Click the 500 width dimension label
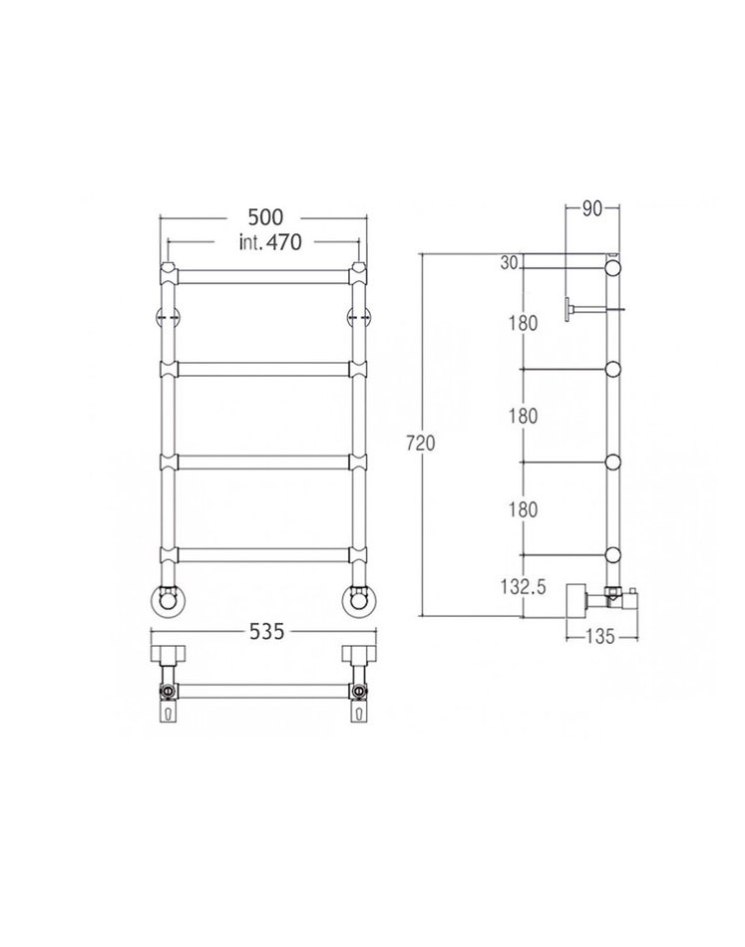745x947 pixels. point(265,217)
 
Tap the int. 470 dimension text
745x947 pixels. point(269,242)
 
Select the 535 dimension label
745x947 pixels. point(266,632)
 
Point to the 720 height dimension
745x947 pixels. point(421,444)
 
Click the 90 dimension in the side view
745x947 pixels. point(592,208)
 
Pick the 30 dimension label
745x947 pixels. point(509,263)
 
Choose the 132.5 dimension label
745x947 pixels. point(524,586)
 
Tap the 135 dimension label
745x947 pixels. point(600,636)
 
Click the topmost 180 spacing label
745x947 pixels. point(523,323)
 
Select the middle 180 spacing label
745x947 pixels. point(523,416)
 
